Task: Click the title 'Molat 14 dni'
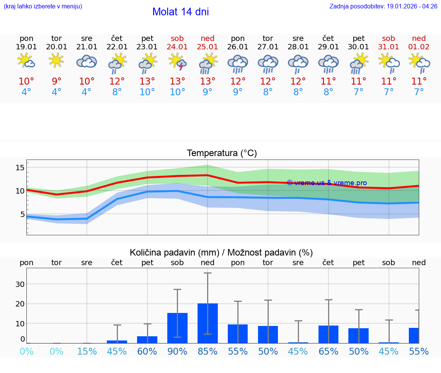(x=180, y=12)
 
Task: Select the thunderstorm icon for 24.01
(x=178, y=62)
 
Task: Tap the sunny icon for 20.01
(x=57, y=60)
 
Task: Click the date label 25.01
(x=207, y=47)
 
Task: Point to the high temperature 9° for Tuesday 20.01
(x=57, y=81)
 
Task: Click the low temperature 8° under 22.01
(x=117, y=92)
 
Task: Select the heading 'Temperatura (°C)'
(x=222, y=153)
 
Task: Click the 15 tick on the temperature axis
(x=20, y=167)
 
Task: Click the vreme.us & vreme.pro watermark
(x=327, y=183)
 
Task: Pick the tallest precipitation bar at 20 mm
(x=207, y=323)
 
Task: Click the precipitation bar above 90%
(x=177, y=328)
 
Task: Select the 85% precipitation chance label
(x=207, y=352)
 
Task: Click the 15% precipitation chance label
(x=87, y=352)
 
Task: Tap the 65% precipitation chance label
(x=328, y=352)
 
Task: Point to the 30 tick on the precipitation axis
(x=20, y=284)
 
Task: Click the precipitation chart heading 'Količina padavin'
(x=174, y=252)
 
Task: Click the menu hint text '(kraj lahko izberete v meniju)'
(x=43, y=7)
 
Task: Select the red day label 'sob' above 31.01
(x=389, y=38)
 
